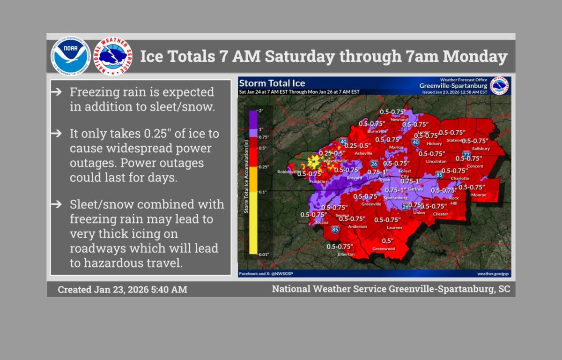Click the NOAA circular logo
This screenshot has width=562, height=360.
coord(70,57)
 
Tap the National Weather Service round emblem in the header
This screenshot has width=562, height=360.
coord(113,57)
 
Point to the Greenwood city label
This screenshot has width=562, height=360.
coord(383,249)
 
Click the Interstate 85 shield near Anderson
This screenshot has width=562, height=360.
coord(335,229)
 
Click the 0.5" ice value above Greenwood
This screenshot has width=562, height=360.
coord(388,241)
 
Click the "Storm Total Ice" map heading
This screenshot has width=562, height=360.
coord(272,83)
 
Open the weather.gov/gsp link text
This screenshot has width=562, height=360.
coord(493,273)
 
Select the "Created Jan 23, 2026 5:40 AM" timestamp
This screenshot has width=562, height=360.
coord(122,290)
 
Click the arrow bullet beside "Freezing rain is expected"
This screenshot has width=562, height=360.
coord(56,92)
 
